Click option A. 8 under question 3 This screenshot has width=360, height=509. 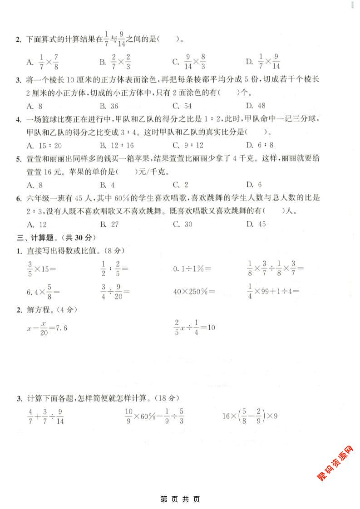coord(35,106)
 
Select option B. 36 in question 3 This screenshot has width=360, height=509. coord(108,106)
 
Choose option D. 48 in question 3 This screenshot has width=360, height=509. coord(256,106)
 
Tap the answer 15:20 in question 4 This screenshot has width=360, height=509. coord(44,145)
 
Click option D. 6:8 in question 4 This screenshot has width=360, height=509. coord(260,145)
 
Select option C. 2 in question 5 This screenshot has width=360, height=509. coord(180,184)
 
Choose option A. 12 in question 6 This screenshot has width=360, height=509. coord(37,224)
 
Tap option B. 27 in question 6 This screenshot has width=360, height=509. coord(109,224)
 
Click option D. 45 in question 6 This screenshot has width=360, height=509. coord(256,224)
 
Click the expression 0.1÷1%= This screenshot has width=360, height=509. coord(192,269)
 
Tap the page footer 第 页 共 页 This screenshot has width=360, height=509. coord(180,499)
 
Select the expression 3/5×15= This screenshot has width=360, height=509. coord(41,269)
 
